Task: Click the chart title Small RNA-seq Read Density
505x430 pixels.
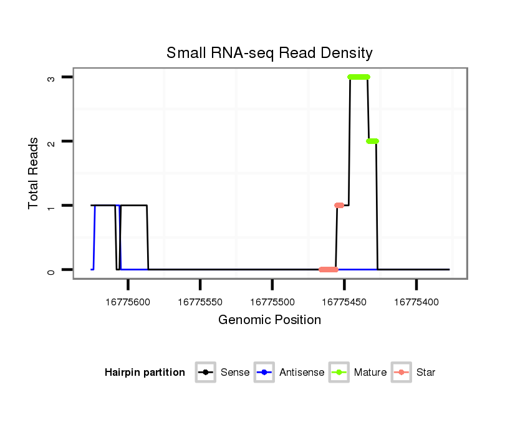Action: pos(269,53)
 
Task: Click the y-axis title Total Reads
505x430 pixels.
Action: pos(34,173)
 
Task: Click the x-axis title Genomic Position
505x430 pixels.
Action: pos(269,320)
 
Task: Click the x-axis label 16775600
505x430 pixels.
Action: pos(128,302)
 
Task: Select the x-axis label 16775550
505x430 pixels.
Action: pos(200,302)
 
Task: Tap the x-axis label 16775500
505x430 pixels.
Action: pos(272,302)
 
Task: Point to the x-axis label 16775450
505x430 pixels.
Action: pos(345,302)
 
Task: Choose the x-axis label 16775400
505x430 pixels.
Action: pos(416,302)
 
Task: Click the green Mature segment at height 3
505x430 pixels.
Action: pos(358,77)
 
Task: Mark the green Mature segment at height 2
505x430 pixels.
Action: pos(372,141)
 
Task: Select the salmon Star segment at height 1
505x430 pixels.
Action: pos(339,205)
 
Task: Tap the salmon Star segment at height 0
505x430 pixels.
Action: pos(329,269)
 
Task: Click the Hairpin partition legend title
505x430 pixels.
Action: pos(145,373)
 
